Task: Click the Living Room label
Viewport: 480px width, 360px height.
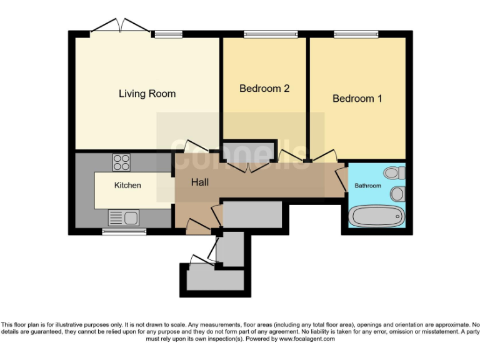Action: point(147,94)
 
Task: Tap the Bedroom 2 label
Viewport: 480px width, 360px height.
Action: point(264,89)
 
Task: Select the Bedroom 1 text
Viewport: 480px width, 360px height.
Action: point(357,99)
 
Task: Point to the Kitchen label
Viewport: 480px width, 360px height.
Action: point(127,186)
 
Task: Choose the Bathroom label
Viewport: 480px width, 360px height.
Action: point(367,186)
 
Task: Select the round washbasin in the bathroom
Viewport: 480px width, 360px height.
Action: point(397,194)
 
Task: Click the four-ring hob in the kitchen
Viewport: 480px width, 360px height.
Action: point(121,163)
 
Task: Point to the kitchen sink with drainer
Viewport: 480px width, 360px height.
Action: point(124,217)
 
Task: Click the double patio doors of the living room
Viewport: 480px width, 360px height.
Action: point(119,26)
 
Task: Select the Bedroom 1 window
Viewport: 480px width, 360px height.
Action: point(356,34)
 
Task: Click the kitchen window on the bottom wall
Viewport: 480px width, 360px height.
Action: point(124,232)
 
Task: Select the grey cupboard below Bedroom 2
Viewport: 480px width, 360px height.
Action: point(248,151)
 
